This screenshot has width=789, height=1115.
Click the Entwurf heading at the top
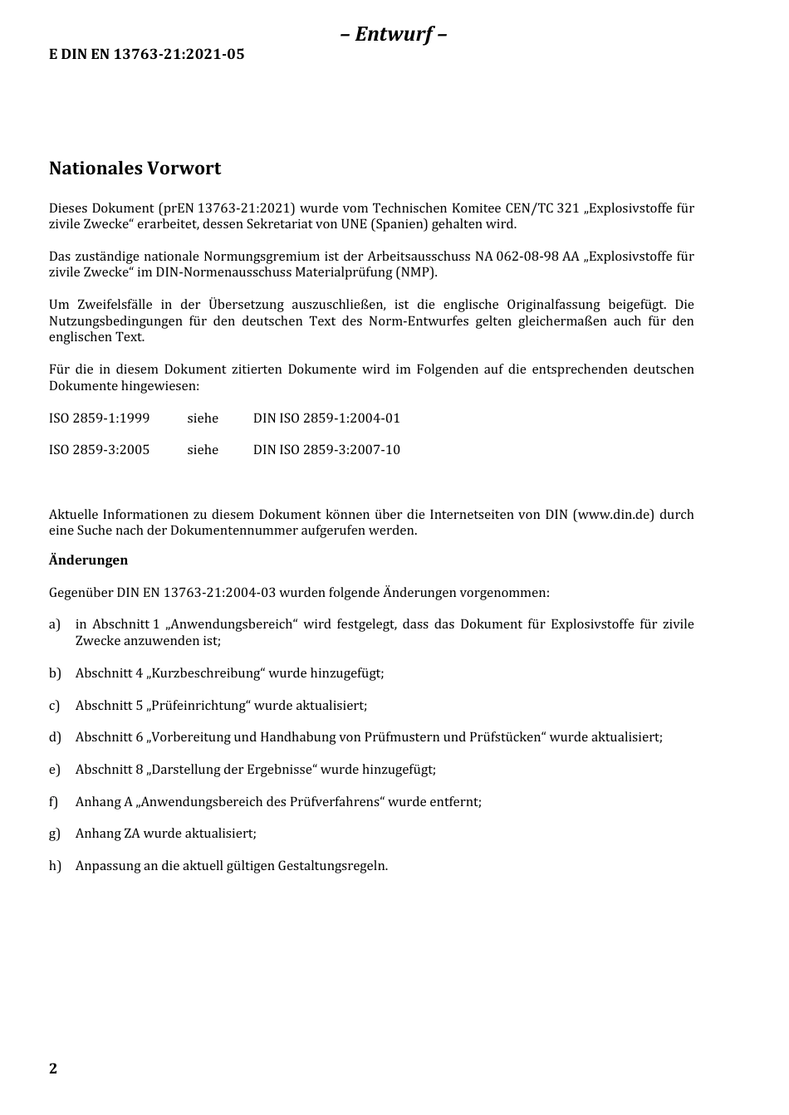(394, 34)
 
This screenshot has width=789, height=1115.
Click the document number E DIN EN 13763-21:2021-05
(146, 55)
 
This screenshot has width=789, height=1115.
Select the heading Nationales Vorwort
(135, 169)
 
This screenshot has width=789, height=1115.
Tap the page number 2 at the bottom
(53, 1069)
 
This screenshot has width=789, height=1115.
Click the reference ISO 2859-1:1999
(99, 418)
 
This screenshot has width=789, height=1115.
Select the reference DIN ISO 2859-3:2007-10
(326, 450)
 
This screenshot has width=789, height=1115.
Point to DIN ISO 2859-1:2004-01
(326, 418)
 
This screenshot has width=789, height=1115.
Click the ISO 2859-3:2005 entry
(99, 450)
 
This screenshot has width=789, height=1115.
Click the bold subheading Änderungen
(88, 560)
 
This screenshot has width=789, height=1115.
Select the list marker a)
(55, 624)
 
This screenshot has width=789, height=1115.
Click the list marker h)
(55, 866)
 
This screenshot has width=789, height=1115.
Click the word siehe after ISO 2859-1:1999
(203, 418)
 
